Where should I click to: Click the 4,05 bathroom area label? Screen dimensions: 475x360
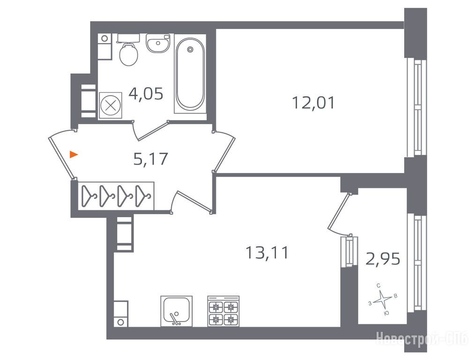pos(146,94)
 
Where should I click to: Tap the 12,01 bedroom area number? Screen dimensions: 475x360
pos(313,103)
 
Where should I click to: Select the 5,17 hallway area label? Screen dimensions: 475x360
pos(150,159)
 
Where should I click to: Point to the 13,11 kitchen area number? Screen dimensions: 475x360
pos(267,253)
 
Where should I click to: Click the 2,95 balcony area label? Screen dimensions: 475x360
pos(383,259)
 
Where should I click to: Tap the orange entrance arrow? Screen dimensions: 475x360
pos(74,155)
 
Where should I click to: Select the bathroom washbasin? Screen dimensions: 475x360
pos(157,43)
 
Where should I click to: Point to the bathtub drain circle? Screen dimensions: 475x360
pos(190,49)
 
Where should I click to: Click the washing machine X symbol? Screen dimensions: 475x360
pos(111,105)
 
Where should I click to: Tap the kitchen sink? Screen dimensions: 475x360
pos(176,311)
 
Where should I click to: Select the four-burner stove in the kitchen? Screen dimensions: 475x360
pos(223,311)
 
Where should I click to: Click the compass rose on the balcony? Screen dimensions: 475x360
pos(383,300)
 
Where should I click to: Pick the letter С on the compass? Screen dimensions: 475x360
pos(379,285)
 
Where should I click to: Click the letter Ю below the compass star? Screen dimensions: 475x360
pos(386,313)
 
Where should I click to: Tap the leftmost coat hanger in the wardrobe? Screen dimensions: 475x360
pos(89,196)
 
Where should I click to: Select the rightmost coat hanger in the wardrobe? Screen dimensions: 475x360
pos(142,196)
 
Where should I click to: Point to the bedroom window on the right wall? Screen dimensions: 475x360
pos(416,107)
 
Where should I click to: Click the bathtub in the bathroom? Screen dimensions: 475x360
pos(190,74)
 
